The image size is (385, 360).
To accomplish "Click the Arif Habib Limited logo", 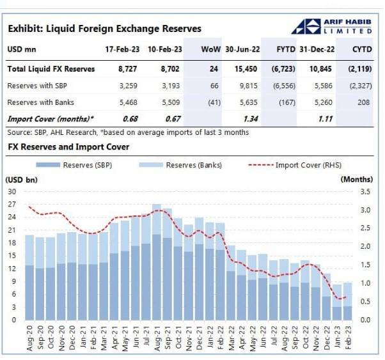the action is (x=332, y=26).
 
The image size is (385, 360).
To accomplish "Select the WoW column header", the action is (x=211, y=49).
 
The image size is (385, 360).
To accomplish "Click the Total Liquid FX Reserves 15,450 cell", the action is (x=246, y=69).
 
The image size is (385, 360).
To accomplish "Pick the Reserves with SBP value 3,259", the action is (x=128, y=86).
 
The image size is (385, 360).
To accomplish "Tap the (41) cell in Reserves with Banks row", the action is (x=214, y=102).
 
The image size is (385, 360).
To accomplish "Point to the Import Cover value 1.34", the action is (x=251, y=119).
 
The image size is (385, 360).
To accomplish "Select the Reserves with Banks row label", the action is (x=40, y=102).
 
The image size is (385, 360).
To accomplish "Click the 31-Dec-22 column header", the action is (x=317, y=49).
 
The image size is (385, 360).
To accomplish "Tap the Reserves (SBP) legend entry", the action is (x=74, y=165).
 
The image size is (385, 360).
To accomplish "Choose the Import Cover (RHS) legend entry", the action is (x=295, y=165).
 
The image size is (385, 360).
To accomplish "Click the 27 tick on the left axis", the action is (x=12, y=205).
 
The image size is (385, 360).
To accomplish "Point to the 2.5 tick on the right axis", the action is (x=365, y=228).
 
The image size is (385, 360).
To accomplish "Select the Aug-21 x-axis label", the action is (x=157, y=338).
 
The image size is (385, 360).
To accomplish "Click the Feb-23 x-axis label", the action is (x=348, y=338).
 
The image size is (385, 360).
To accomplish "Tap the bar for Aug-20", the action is (x=29, y=278).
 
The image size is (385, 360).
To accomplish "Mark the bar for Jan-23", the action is (x=337, y=302).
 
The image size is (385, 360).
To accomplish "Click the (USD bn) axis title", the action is (x=21, y=180).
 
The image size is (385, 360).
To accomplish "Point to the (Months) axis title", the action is (x=356, y=180).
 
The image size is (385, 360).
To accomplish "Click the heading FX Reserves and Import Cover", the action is (x=68, y=147).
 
